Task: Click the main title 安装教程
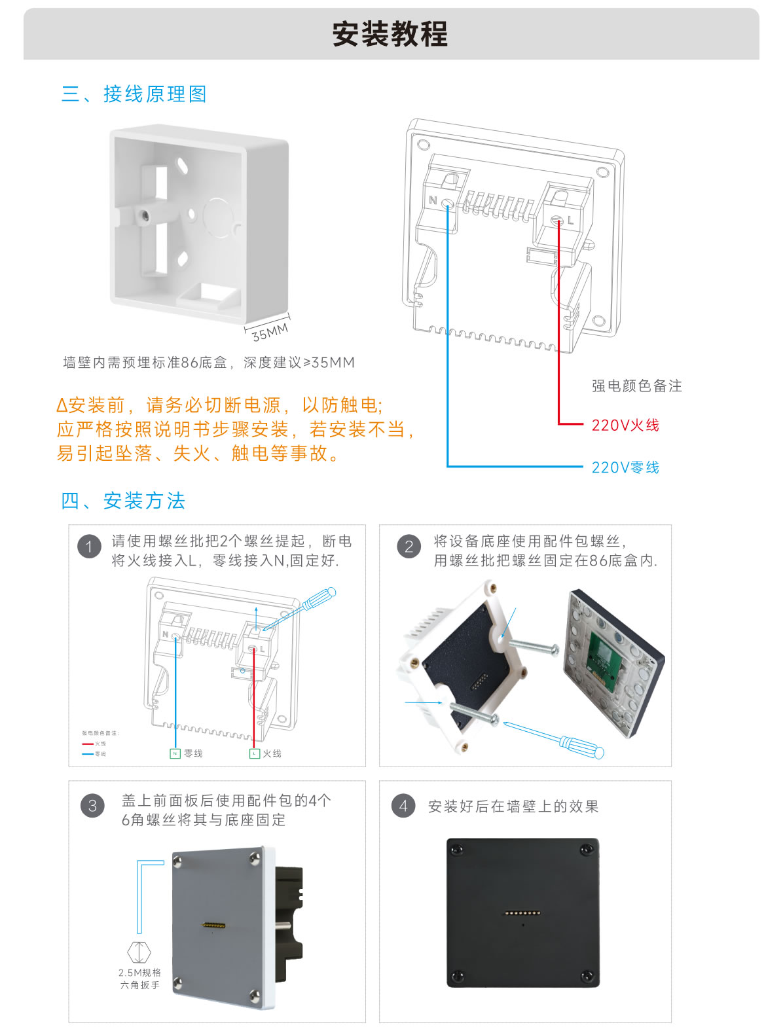(390, 34)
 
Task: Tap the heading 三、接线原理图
(134, 94)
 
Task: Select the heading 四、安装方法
(123, 501)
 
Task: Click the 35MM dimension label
(270, 333)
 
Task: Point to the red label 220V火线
(625, 425)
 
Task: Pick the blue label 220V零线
(625, 467)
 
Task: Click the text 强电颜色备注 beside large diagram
(636, 386)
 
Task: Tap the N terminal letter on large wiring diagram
(432, 200)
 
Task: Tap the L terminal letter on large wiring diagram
(570, 221)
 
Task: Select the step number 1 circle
(89, 546)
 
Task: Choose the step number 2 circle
(409, 546)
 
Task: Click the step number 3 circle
(92, 805)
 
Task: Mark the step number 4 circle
(403, 805)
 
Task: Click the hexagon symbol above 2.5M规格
(139, 952)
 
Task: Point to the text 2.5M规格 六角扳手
(139, 979)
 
